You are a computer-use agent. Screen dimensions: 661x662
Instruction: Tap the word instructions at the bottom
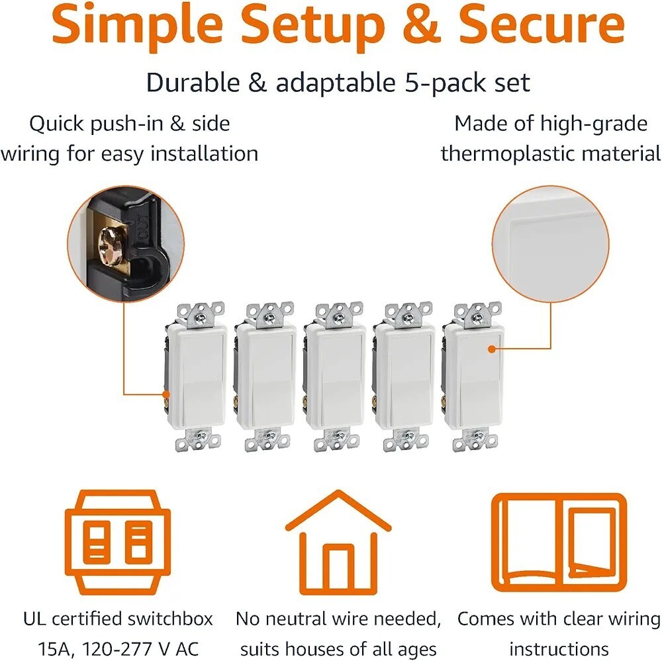click(559, 649)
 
